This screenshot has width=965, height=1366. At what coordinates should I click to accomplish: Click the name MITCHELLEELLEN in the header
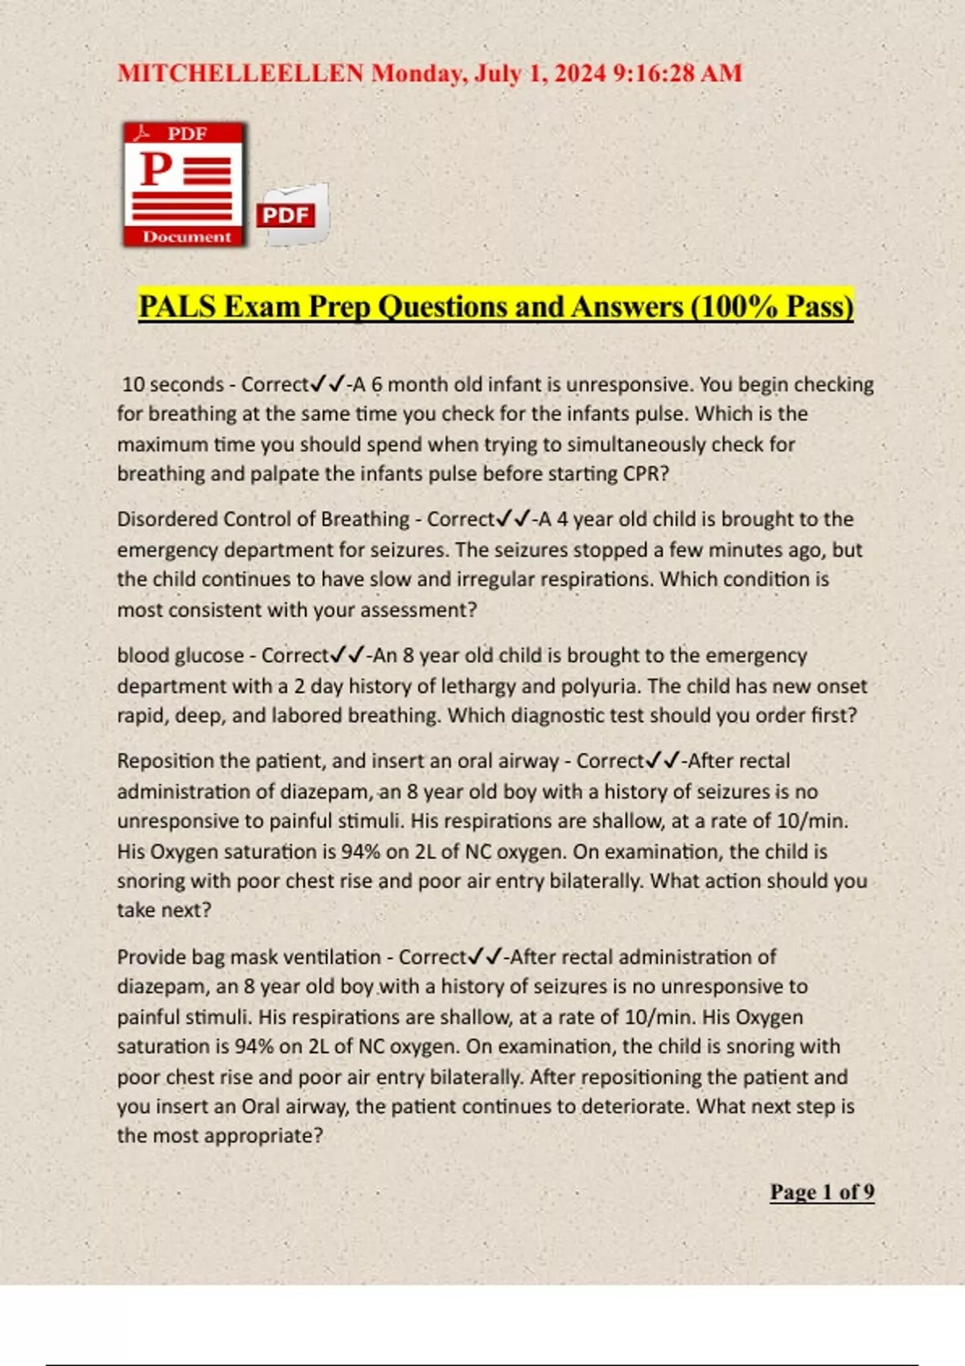pos(240,73)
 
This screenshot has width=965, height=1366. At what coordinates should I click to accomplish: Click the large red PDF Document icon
pos(185,184)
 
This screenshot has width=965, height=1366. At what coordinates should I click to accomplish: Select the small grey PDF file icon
pos(293,214)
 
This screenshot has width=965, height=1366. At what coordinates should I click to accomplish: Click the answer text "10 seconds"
pos(173,384)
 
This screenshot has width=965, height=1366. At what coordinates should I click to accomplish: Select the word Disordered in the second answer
pos(166,519)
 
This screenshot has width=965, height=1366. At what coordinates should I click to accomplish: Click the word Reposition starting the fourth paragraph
pos(165,761)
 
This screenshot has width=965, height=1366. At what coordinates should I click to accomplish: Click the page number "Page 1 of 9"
pos(822,1192)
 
